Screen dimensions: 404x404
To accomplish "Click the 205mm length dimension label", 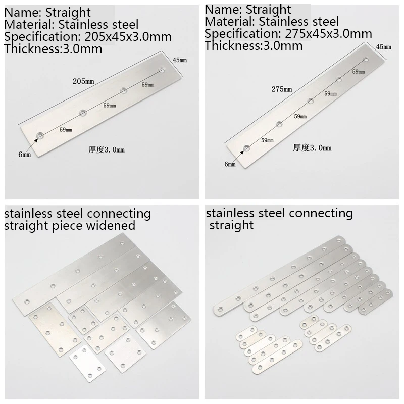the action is [x=83, y=81].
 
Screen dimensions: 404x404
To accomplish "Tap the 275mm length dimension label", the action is [x=282, y=89].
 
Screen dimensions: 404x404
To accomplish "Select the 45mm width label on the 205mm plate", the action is [x=180, y=60].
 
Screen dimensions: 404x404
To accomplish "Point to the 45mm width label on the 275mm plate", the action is [x=383, y=47].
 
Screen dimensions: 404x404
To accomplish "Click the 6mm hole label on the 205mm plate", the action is [x=24, y=155].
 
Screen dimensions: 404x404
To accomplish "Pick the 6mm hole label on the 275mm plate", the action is [x=230, y=164].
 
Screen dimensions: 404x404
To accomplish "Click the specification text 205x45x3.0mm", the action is [x=128, y=37].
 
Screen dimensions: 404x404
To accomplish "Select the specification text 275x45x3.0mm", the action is [x=329, y=34].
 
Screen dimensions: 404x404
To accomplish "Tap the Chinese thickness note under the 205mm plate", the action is [x=107, y=149].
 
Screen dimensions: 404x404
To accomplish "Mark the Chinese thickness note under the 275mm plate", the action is [x=312, y=148].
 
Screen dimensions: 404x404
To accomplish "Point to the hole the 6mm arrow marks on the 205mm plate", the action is [x=40, y=135].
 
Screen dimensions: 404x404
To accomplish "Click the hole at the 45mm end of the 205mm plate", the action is [x=162, y=70].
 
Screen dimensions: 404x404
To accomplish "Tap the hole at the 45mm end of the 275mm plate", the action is [x=366, y=60].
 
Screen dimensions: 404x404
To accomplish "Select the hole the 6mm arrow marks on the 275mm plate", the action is [x=247, y=148].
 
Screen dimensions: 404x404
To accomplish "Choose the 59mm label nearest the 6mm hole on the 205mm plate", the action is [x=66, y=130].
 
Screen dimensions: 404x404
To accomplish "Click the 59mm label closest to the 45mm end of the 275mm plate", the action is [x=359, y=72].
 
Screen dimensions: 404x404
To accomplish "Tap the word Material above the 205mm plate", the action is [x=29, y=25].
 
